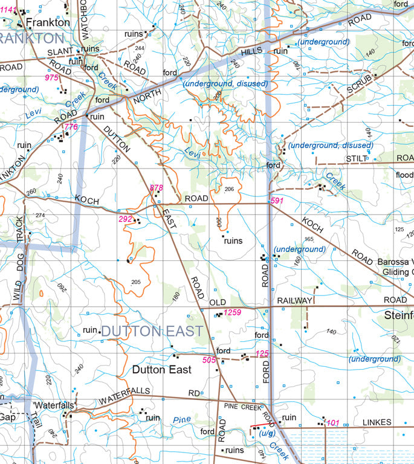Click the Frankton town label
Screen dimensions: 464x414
(48, 22)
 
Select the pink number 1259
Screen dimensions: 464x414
(233, 312)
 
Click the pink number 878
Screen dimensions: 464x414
(157, 188)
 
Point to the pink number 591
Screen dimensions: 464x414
(277, 201)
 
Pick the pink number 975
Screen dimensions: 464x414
(52, 78)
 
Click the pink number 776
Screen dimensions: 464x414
(71, 127)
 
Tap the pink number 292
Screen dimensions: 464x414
(125, 219)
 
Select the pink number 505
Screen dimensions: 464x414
(209, 360)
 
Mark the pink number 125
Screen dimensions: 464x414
(262, 353)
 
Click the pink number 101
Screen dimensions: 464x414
(333, 423)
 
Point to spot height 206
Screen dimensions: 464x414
(228, 190)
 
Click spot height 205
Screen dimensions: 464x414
(135, 282)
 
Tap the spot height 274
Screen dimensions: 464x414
(40, 216)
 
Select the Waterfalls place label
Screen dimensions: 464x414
(54, 405)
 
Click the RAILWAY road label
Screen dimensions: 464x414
(295, 300)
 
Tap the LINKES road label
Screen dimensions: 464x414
(377, 422)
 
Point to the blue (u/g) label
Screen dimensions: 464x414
(267, 433)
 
